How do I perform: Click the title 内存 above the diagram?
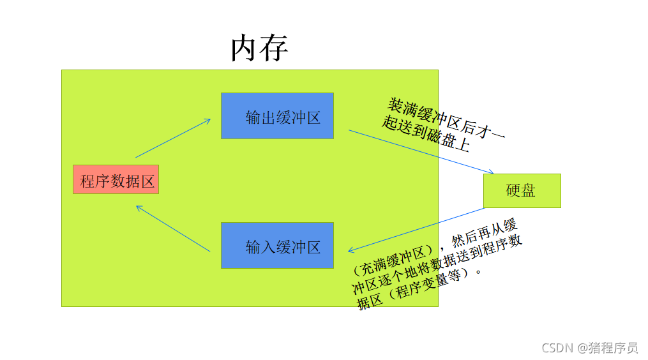point(259,49)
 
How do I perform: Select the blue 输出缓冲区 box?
point(277,116)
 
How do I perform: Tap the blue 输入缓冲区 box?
point(277,246)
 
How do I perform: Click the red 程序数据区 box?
point(116,180)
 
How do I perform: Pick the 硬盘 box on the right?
point(522,191)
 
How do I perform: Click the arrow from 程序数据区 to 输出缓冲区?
point(172,138)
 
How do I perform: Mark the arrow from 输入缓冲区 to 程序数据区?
point(172,229)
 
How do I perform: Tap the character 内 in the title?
point(245,49)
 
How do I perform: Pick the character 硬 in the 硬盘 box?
point(514,191)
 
